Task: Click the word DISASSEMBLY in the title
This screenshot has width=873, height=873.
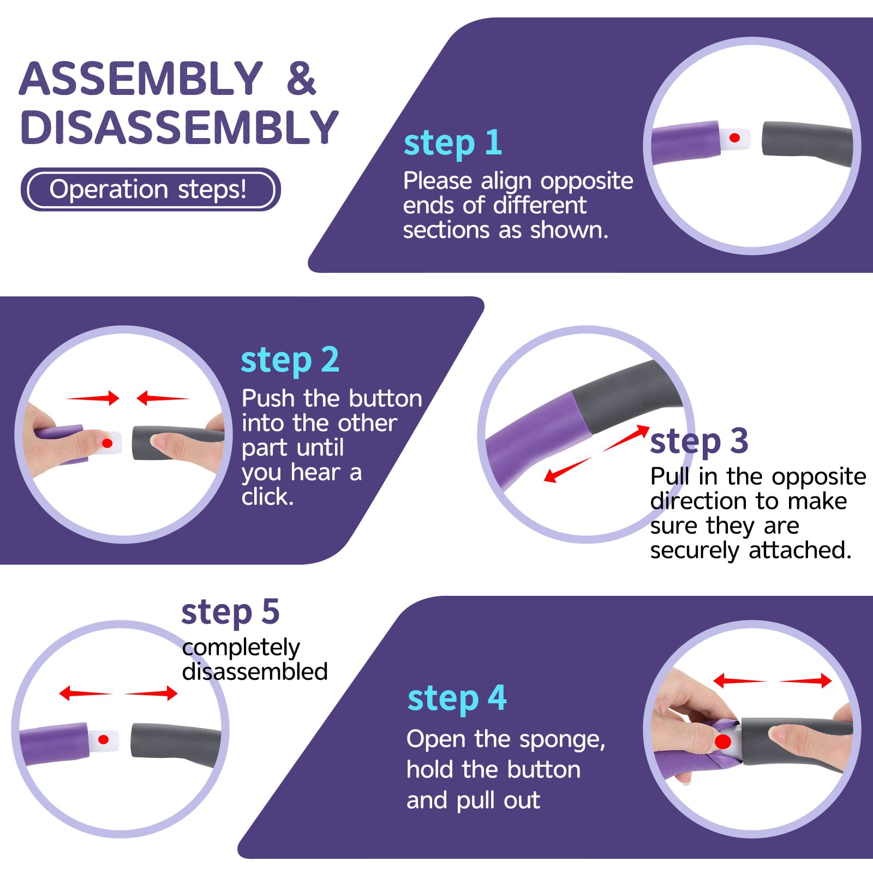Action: coord(180,127)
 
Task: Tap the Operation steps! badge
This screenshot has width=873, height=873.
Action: coord(151,189)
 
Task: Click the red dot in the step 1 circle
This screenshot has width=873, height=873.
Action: coord(734,137)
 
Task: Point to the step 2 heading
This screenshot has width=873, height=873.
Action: coord(290,361)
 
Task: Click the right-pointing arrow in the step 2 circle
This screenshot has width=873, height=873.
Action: coord(93,398)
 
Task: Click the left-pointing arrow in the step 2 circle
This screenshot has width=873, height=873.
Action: coord(163,398)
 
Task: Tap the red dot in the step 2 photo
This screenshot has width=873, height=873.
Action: coord(107,443)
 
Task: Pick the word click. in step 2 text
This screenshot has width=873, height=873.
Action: coord(268,497)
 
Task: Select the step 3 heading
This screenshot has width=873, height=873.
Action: coord(699,441)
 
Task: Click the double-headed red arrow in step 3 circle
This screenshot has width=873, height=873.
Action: coord(597,453)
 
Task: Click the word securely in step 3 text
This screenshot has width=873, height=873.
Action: coord(695,551)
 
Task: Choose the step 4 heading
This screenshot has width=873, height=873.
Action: coord(457,699)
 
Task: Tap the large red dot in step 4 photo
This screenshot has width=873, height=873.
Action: coord(722,742)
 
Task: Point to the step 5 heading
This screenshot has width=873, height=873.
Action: coord(230,613)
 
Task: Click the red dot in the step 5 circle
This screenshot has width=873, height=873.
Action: coord(103,740)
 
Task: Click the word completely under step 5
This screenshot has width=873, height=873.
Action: coord(241,648)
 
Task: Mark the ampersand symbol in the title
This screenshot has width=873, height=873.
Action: coord(302,79)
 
